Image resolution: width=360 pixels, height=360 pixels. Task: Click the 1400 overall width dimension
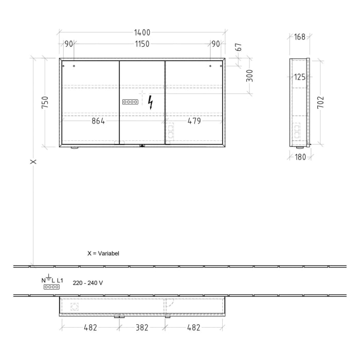(x=142, y=32)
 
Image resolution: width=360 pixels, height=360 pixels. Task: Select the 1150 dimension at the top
(x=142, y=44)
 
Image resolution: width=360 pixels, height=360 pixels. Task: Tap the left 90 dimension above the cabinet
(x=68, y=44)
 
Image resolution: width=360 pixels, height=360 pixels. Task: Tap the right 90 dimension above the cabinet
(x=215, y=44)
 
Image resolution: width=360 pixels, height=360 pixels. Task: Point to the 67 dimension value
(x=238, y=47)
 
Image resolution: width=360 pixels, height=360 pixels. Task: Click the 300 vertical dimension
(x=249, y=76)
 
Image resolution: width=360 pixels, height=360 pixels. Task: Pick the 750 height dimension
(x=45, y=102)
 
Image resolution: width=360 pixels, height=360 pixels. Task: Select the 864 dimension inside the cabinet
(x=98, y=121)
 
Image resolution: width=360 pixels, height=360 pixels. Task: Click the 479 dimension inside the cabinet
(x=194, y=121)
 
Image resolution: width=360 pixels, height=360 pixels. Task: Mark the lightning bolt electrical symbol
(x=150, y=102)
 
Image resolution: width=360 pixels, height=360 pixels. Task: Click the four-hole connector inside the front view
(x=130, y=102)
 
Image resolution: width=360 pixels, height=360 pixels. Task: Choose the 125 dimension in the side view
(x=300, y=77)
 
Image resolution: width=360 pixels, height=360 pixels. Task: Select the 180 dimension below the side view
(x=300, y=157)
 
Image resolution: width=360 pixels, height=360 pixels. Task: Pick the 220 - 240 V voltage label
(x=87, y=282)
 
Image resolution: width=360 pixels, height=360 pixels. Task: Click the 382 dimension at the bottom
(x=142, y=328)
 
